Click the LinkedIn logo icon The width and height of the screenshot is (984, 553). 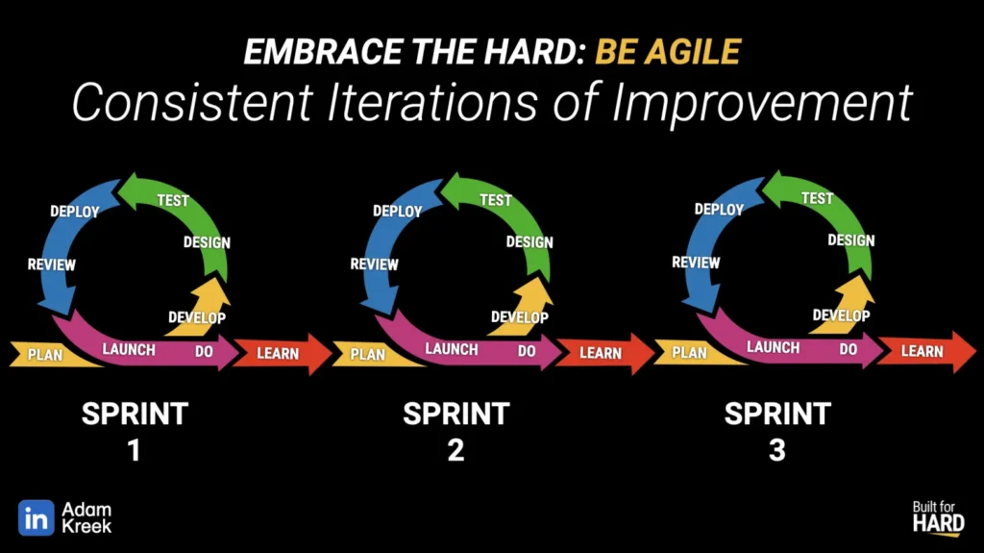click(x=36, y=517)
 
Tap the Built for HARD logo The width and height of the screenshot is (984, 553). click(x=938, y=518)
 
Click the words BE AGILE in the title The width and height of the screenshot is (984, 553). click(x=668, y=52)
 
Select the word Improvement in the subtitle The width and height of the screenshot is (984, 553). click(x=762, y=103)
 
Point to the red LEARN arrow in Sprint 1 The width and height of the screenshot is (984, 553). click(x=283, y=354)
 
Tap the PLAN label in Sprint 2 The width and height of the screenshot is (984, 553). click(x=368, y=355)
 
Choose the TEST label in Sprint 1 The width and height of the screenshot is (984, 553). click(x=173, y=200)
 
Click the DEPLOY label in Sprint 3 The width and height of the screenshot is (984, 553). click(x=719, y=210)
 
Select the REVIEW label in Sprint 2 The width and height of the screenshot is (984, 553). click(x=374, y=264)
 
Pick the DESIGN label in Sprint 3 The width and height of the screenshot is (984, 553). click(x=851, y=240)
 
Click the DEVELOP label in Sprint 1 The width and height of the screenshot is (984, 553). click(x=196, y=317)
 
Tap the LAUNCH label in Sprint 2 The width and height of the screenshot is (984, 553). click(x=452, y=349)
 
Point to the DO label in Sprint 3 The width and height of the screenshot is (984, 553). click(x=848, y=349)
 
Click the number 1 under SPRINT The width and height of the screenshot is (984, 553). click(x=134, y=450)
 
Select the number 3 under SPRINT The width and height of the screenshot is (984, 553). click(x=776, y=450)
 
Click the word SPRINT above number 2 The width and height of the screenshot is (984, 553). click(x=456, y=414)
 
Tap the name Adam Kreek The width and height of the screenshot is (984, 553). click(x=86, y=517)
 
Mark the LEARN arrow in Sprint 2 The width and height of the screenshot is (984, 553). click(x=605, y=354)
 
